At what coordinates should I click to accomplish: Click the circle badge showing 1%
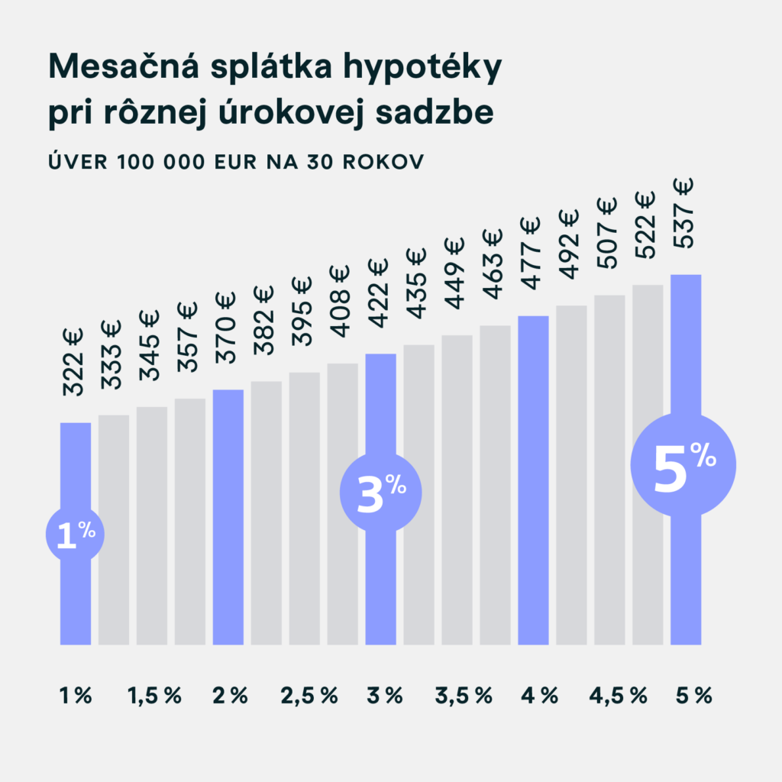tap(75, 535)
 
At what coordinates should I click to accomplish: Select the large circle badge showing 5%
tap(684, 465)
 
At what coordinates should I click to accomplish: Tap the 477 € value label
tap(532, 252)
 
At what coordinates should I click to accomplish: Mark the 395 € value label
tap(303, 311)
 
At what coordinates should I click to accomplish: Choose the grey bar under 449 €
tap(457, 490)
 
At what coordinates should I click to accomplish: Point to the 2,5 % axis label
tap(309, 696)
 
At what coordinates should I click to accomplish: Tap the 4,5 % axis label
tap(618, 696)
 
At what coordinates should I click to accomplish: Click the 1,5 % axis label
tap(154, 696)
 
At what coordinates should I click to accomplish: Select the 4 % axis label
tap(539, 696)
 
